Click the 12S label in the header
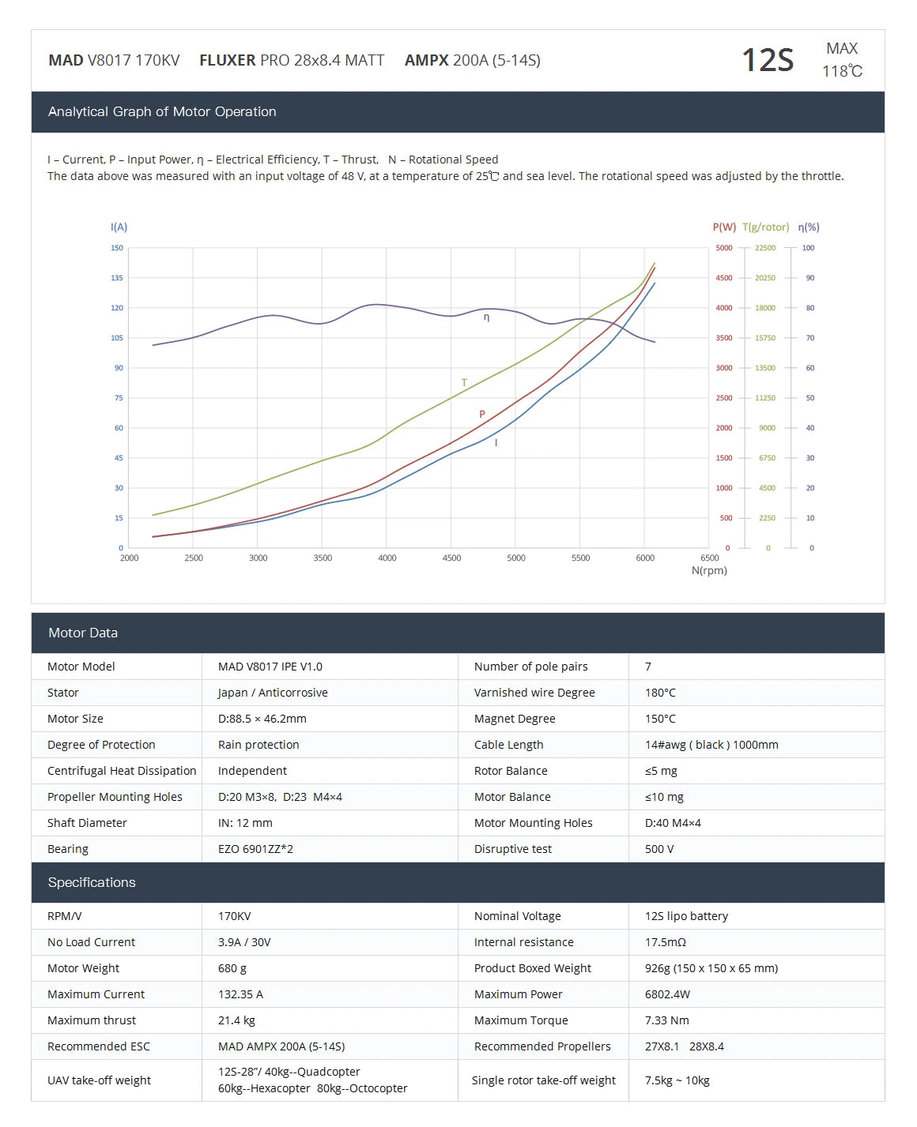coord(767,60)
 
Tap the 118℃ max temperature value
coord(842,71)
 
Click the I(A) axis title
coord(119,227)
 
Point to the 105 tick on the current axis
coord(117,338)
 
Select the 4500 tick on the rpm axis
coord(451,558)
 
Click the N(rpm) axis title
coord(709,570)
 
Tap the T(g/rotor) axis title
coord(765,227)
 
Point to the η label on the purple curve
coord(486,317)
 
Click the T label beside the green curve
coord(464,383)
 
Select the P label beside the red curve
coord(482,415)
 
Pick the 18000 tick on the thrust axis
coord(764,308)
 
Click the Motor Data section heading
coord(83,633)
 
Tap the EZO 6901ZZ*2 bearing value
coord(255,849)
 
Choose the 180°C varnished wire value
coord(660,693)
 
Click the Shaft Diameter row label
coord(87,823)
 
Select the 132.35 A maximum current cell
coord(240,994)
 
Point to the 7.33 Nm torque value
coord(667,1020)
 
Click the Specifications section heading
coord(92,882)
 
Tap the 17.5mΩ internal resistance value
coord(666,942)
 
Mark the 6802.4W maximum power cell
coord(667,994)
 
